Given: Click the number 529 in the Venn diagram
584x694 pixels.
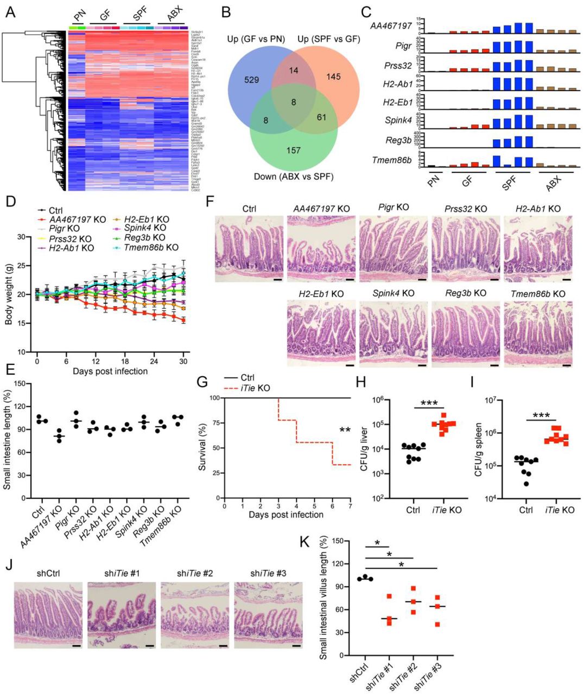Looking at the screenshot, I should [x=252, y=80].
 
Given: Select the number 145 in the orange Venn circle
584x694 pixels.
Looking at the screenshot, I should [x=333, y=77].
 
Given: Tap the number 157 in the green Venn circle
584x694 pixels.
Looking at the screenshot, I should [x=293, y=150].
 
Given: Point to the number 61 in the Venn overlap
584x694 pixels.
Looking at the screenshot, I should [x=321, y=117].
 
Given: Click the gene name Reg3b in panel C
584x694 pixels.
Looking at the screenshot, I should [x=398, y=140].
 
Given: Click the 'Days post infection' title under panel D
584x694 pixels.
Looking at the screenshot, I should [x=110, y=371].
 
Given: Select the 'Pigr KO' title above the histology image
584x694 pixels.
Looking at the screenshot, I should [x=394, y=208].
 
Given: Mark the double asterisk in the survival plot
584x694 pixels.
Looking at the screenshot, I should [x=345, y=430].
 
